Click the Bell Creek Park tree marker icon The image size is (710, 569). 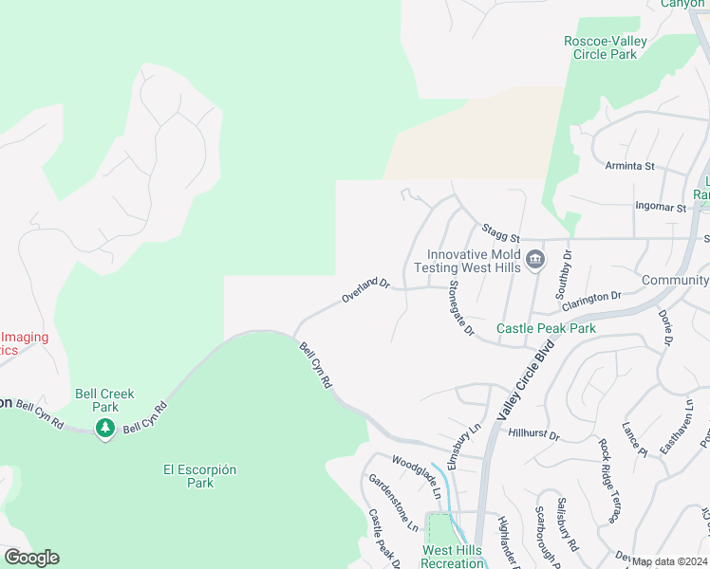[105, 428]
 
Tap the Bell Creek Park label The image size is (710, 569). [105, 400]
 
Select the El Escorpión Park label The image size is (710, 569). [199, 476]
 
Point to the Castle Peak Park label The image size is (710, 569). [546, 328]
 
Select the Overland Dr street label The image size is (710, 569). [366, 290]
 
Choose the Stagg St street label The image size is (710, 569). [500, 231]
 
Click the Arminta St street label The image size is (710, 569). [630, 166]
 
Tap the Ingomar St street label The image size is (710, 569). [661, 206]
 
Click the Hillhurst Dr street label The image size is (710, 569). [534, 434]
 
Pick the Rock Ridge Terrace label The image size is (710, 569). [609, 479]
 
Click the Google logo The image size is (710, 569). [31, 558]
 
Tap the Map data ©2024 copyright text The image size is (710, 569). [670, 561]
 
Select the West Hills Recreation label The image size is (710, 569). [452, 557]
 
